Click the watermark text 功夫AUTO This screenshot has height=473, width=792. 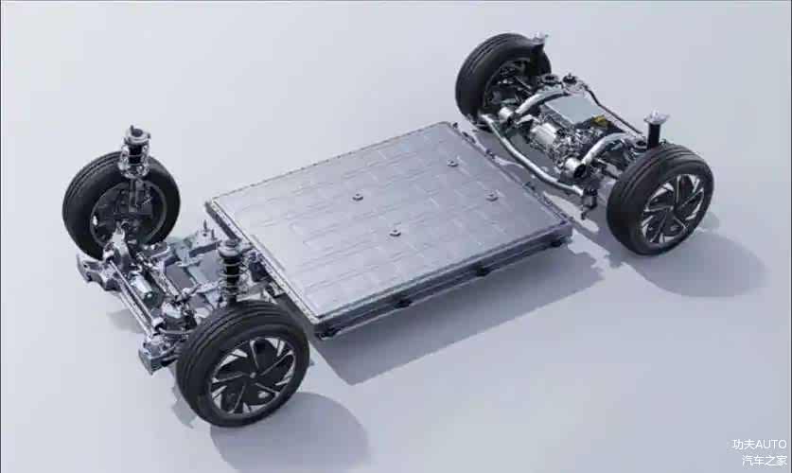point(759,445)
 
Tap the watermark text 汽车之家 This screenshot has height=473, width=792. point(765,460)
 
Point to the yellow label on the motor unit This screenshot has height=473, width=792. point(599,120)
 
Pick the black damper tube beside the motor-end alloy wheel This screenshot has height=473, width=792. point(654,133)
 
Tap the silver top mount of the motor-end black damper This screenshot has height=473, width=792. point(656,118)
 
